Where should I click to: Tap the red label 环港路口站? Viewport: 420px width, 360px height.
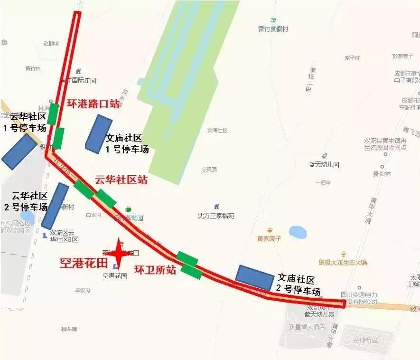[93, 104]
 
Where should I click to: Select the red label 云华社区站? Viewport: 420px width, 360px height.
[121, 180]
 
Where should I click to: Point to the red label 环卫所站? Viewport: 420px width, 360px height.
[155, 270]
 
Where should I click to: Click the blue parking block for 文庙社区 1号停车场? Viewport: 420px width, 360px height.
[98, 133]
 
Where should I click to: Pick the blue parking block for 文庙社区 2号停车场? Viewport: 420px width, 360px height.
[255, 277]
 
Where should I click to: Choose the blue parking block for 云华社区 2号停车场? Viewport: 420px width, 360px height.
[55, 206]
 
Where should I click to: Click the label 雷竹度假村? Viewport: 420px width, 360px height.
[273, 29]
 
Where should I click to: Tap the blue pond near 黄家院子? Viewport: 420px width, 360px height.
[298, 232]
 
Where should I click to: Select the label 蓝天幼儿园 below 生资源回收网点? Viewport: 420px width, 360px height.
[324, 164]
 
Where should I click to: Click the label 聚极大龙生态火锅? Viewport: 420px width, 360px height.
[343, 262]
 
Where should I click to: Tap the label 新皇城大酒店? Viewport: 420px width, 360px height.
[307, 327]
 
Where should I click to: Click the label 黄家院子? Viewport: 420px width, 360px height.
[269, 238]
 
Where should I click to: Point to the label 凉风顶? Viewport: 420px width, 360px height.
[209, 169]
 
